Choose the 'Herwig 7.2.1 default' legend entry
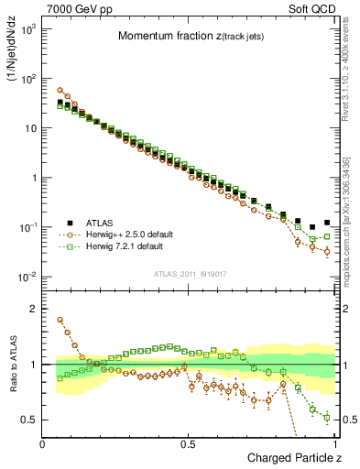(130, 246)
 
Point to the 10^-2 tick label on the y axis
(27, 277)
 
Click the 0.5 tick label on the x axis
(188, 443)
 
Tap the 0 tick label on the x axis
(43, 443)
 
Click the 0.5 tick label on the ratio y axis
(30, 420)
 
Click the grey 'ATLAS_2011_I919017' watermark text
(189, 273)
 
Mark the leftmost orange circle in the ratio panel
(60, 320)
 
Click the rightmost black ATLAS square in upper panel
(327, 223)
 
